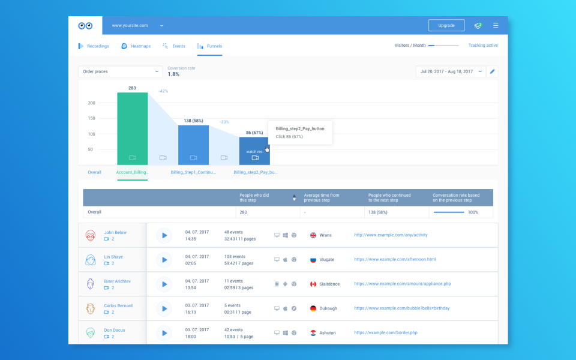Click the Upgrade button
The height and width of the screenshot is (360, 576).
point(446,26)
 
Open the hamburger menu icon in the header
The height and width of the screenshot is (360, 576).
point(496,26)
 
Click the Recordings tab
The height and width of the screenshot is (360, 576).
point(94,46)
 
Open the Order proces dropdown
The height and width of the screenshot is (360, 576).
point(120,71)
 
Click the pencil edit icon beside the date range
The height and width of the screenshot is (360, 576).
point(492,71)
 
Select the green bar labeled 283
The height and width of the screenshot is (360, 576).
point(132,126)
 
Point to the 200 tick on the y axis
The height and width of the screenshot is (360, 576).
point(92,103)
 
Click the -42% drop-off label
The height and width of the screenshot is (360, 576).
point(163,91)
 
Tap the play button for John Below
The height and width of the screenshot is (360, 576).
point(164,235)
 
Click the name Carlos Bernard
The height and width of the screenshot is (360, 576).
point(118,306)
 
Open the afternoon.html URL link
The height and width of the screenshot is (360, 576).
point(395,259)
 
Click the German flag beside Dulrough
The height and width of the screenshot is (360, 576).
point(313,308)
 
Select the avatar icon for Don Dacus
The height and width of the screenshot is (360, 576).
point(91,333)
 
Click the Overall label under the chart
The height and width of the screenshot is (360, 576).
point(95,172)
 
